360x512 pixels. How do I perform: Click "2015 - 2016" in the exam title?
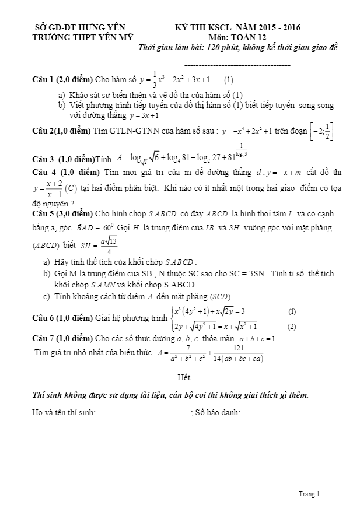(278, 27)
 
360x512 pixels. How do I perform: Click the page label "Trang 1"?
(309, 495)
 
